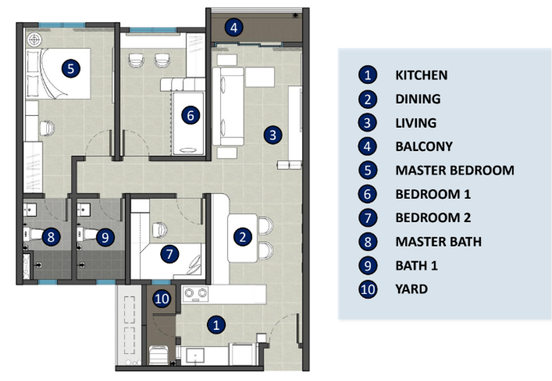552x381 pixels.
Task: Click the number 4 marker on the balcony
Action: point(234,28)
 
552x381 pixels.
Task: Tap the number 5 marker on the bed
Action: point(71,68)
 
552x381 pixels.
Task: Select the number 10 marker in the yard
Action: point(162,299)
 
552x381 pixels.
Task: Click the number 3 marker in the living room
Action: point(273,135)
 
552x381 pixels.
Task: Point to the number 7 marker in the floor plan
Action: point(170,254)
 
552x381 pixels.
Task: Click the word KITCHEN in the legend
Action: point(422,75)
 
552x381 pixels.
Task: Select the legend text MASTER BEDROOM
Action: point(455,170)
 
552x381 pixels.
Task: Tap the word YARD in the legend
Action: point(411,289)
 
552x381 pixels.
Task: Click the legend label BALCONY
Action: point(424,146)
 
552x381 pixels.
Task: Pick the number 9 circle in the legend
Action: point(368,266)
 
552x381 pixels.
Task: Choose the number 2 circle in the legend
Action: point(368,99)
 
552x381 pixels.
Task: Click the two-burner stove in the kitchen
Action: point(195,294)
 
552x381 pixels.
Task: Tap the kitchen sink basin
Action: point(195,355)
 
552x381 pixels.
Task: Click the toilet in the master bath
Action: point(32,235)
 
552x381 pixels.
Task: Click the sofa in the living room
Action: point(228,106)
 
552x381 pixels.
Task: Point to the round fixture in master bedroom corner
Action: point(34,40)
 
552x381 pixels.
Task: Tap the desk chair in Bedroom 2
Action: point(160,230)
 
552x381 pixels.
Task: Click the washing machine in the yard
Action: point(158,355)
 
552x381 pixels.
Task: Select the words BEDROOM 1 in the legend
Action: point(433,195)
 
